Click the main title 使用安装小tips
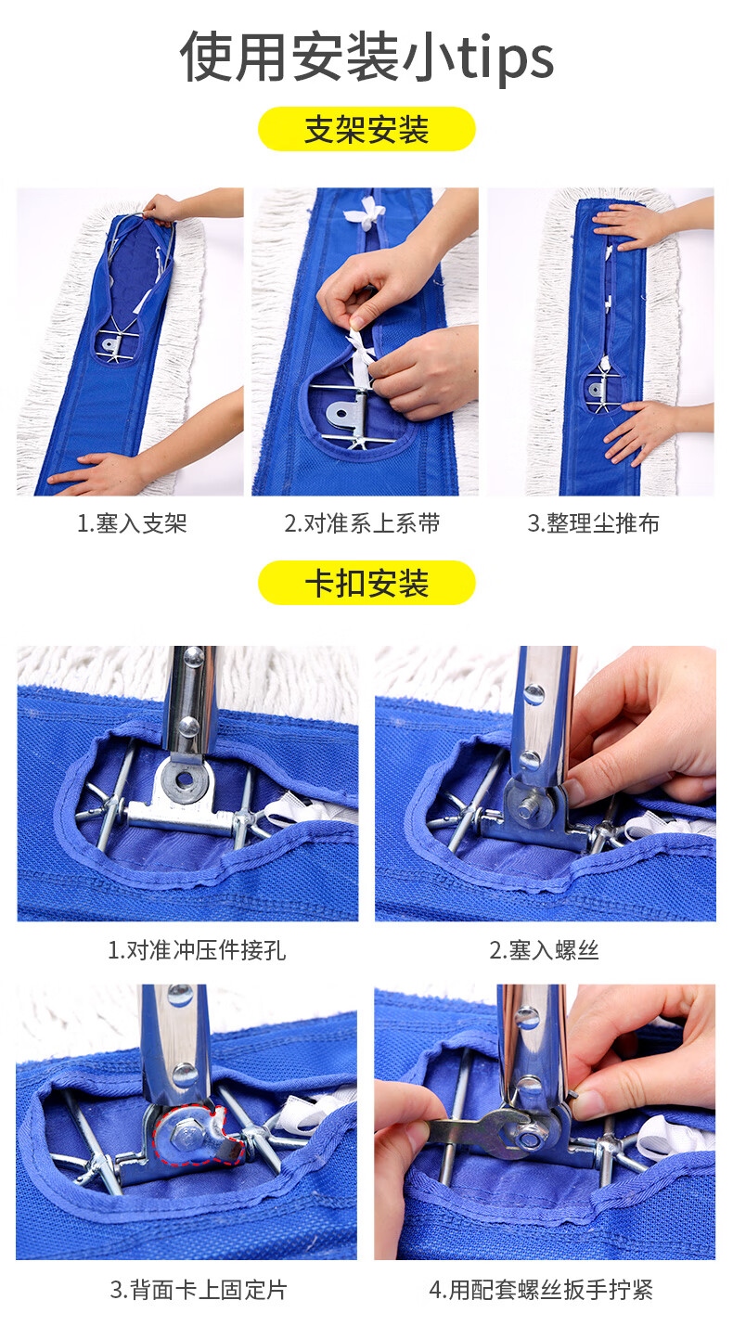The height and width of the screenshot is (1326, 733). (366, 58)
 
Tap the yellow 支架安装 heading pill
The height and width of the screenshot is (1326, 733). (366, 129)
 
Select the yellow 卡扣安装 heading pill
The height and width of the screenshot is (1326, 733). (366, 583)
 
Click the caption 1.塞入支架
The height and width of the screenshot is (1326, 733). (132, 523)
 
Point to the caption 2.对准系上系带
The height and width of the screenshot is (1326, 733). (362, 523)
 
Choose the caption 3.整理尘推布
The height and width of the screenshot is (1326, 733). (593, 523)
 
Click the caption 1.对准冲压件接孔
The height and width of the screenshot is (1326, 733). (197, 950)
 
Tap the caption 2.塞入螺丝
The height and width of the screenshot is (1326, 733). (544, 950)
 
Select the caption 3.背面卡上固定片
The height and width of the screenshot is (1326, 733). (199, 1290)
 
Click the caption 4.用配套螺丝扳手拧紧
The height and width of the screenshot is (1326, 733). (541, 1290)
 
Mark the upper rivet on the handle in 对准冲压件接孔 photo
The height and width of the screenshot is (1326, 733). (192, 656)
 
